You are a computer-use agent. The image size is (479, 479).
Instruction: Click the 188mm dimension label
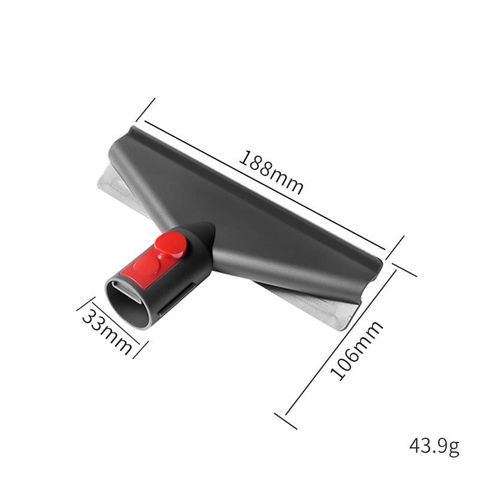(x=271, y=172)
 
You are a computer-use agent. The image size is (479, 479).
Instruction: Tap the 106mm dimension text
(x=357, y=350)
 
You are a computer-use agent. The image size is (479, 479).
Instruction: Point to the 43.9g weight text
(x=434, y=446)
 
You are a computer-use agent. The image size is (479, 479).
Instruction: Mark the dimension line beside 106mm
(x=341, y=341)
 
